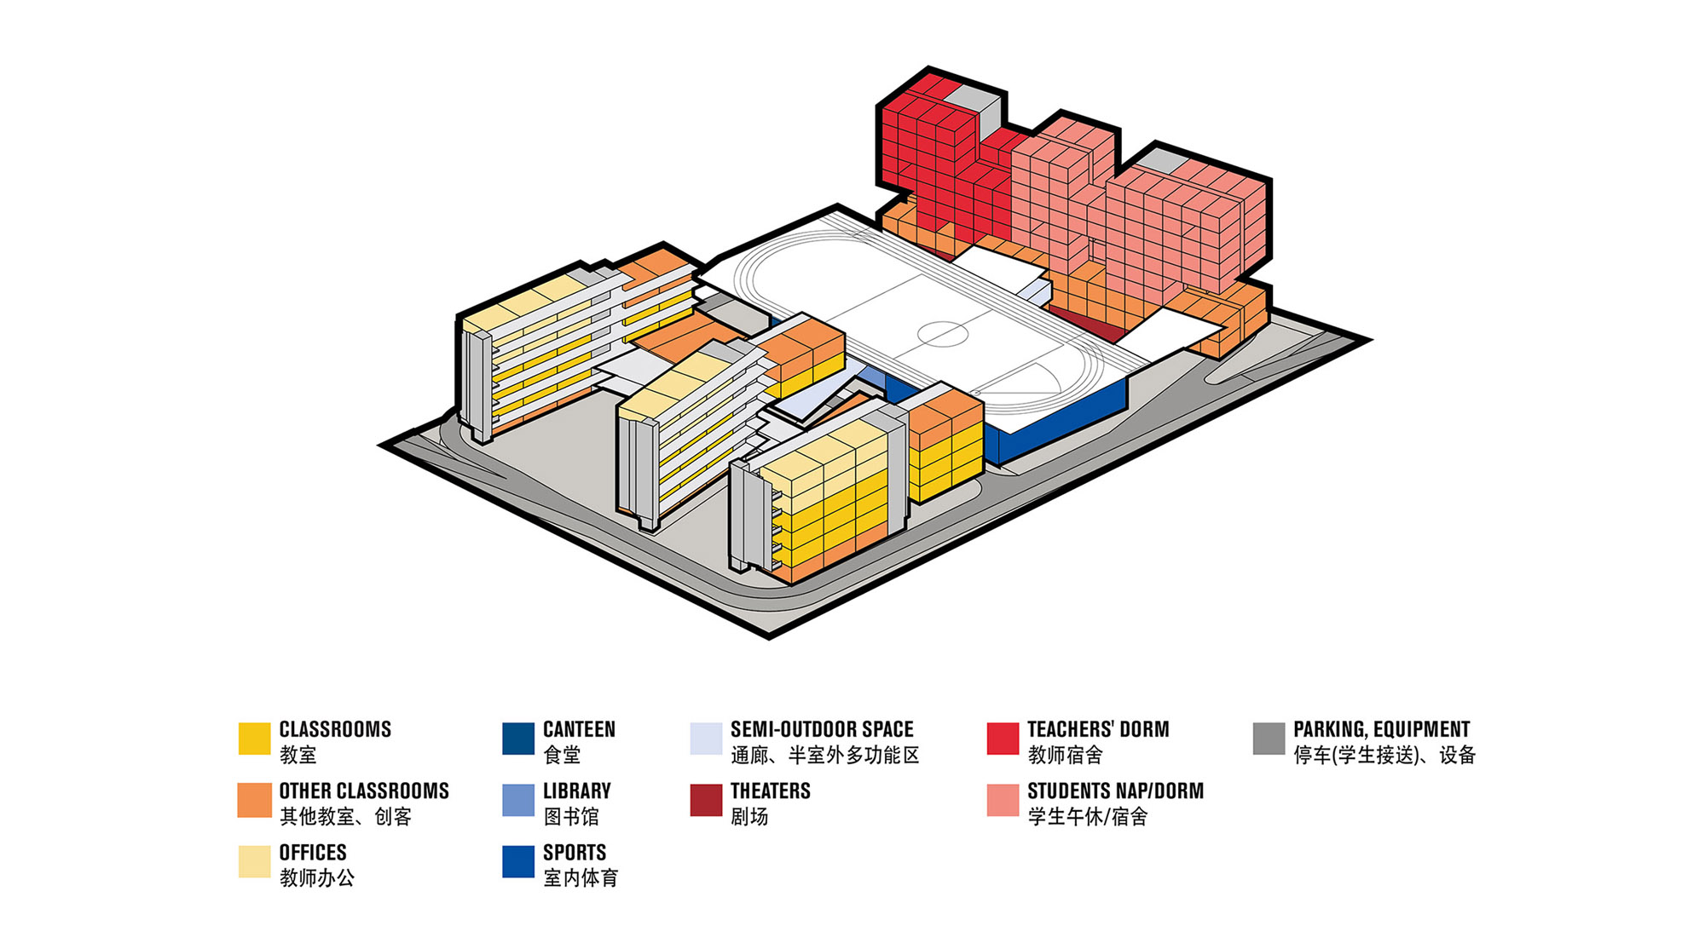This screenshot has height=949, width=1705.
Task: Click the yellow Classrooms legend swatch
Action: [x=254, y=739]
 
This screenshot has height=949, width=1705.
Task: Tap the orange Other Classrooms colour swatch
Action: [x=254, y=801]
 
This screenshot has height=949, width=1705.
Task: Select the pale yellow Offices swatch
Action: [x=254, y=861]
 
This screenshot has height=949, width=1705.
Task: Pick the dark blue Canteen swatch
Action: [x=518, y=739]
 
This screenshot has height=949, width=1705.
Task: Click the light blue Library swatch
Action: [x=518, y=801]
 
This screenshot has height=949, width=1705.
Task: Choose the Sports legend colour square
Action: [x=518, y=861]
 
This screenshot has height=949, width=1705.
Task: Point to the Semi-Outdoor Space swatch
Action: [x=706, y=739]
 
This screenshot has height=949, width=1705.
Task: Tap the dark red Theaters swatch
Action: [x=706, y=801]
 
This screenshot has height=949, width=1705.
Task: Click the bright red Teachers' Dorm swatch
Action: [x=1003, y=739]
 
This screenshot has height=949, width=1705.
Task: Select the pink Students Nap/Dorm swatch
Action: [x=1003, y=801]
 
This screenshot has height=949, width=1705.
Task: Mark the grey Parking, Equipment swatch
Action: [x=1269, y=739]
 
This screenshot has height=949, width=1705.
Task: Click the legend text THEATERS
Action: [x=770, y=791]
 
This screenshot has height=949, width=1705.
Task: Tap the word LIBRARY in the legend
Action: [x=577, y=791]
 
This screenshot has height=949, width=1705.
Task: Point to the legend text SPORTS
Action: [x=575, y=853]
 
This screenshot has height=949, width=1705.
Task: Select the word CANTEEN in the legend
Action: [x=579, y=730]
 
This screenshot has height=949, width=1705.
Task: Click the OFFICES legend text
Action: [x=313, y=853]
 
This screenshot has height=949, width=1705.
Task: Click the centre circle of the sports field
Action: [x=943, y=333]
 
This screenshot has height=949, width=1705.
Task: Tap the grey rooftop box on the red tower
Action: [x=974, y=109]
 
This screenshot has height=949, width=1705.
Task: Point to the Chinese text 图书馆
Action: [x=571, y=817]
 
